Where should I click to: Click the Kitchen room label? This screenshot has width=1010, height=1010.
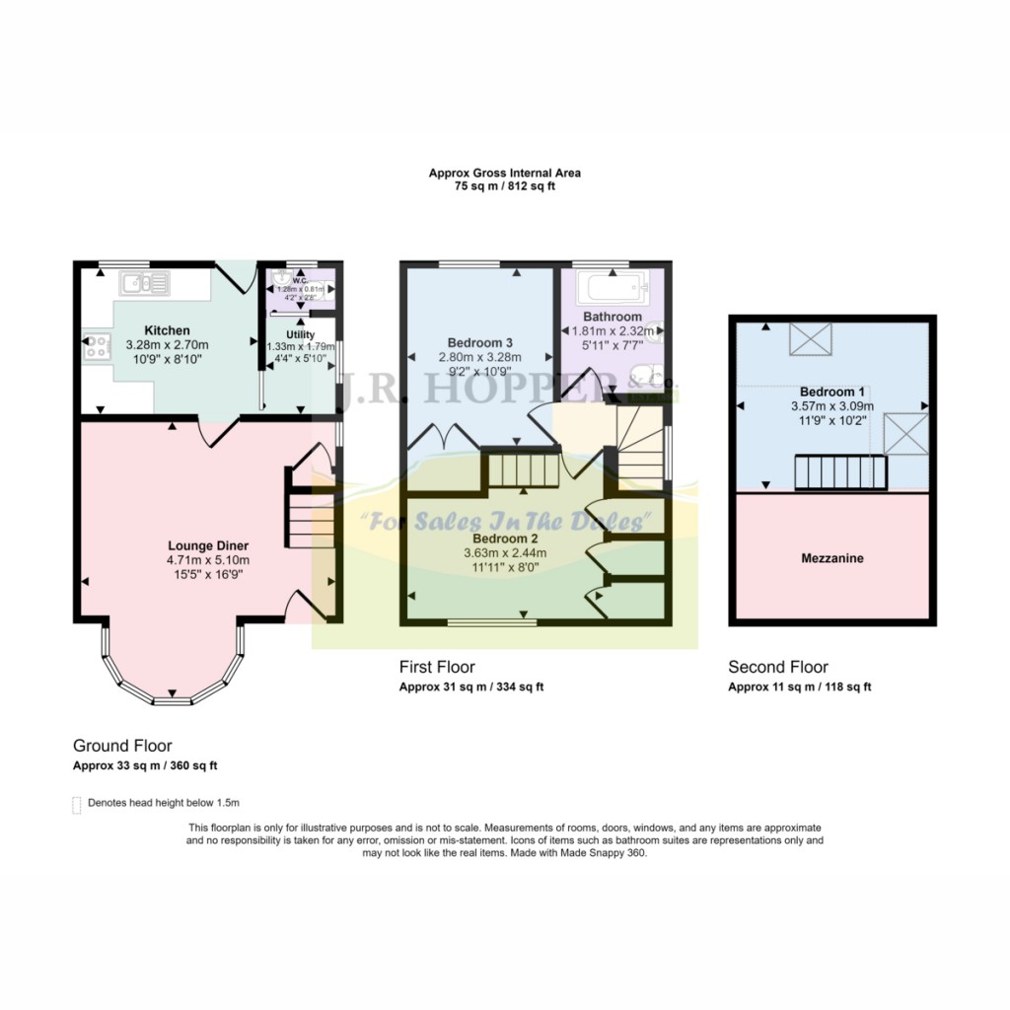167,329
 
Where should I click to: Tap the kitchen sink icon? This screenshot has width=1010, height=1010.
144,285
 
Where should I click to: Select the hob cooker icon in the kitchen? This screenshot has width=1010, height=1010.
98,345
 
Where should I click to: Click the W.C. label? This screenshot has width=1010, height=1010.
300,279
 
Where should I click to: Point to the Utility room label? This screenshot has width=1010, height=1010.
300,334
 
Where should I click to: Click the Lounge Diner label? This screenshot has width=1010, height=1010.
207,545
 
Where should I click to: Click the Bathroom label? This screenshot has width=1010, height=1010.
612,317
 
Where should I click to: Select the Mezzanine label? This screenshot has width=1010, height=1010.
831,558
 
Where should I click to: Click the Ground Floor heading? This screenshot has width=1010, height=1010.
122,746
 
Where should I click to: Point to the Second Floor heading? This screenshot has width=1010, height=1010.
777,667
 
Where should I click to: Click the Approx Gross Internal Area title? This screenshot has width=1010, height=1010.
504,173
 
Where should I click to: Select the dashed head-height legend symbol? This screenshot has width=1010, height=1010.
77,805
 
